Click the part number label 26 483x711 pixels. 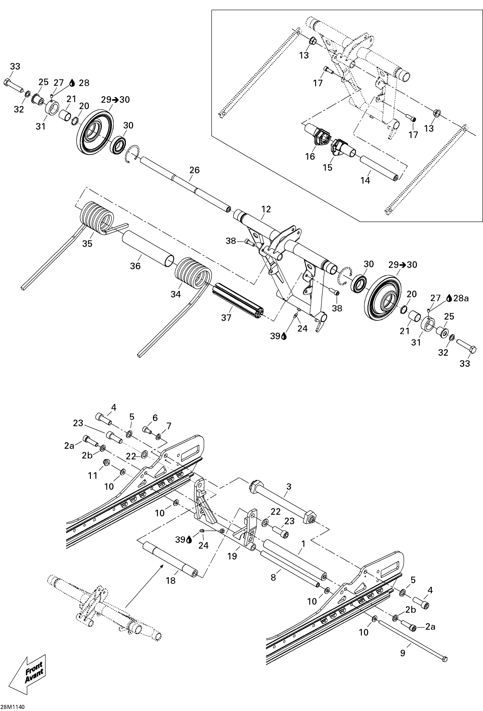(x=194, y=170)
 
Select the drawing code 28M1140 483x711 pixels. (x=13, y=707)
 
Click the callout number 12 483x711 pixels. (x=266, y=209)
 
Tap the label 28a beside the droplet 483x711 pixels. (x=461, y=298)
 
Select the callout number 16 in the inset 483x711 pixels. (x=310, y=156)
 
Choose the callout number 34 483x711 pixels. (x=175, y=294)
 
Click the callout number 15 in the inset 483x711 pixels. (x=327, y=167)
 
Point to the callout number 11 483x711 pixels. (x=93, y=475)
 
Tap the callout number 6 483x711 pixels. (x=155, y=418)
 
